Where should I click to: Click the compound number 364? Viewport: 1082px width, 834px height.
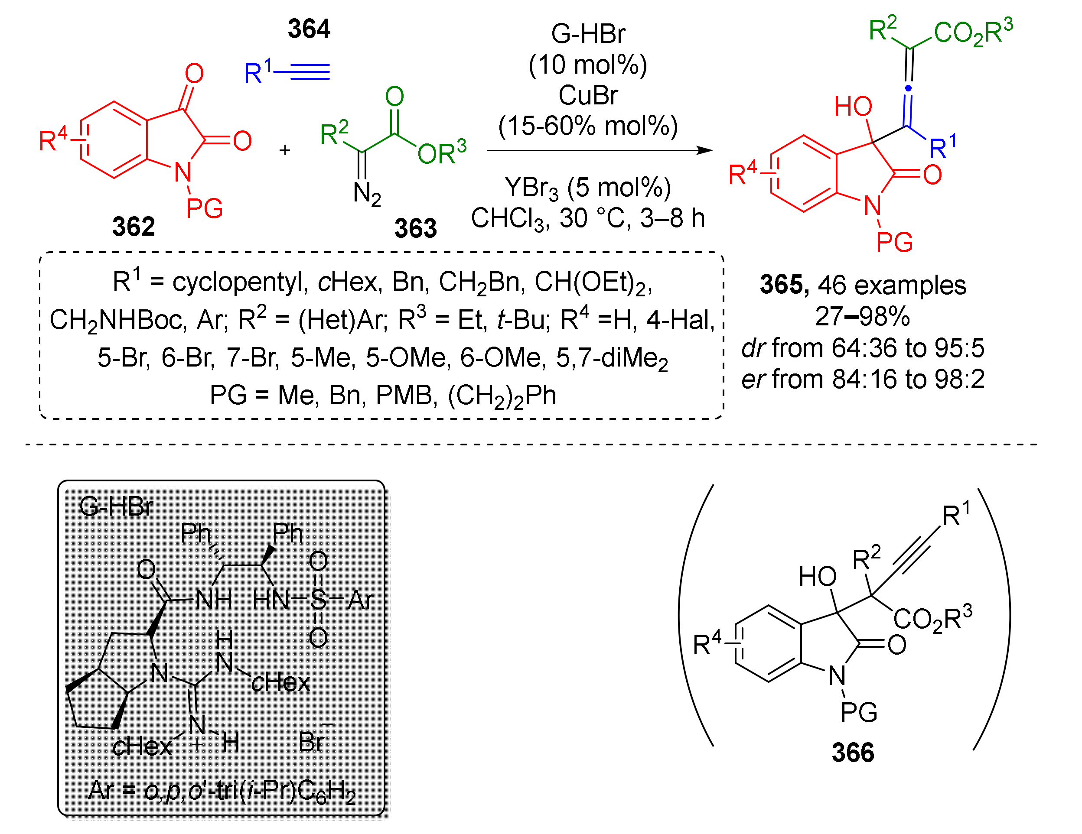coord(309,29)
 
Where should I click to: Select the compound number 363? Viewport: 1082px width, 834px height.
coord(415,228)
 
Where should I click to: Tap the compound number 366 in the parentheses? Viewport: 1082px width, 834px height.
coord(852,752)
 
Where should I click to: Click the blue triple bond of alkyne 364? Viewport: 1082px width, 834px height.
coord(310,72)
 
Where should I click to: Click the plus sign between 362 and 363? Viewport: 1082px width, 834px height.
coord(284,149)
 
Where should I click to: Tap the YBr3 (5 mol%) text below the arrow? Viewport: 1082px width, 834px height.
coord(587,188)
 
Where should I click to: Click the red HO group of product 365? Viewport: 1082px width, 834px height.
coord(853,107)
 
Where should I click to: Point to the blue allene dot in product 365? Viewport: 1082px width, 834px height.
coord(908,88)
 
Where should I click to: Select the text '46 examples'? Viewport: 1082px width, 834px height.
coord(892,285)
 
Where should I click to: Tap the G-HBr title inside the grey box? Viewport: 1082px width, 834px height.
coord(116,506)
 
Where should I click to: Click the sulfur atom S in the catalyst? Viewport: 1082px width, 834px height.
coord(318,600)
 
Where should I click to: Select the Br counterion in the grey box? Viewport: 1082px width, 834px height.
coord(312,741)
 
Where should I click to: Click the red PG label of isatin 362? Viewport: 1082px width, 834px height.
coord(204,208)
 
